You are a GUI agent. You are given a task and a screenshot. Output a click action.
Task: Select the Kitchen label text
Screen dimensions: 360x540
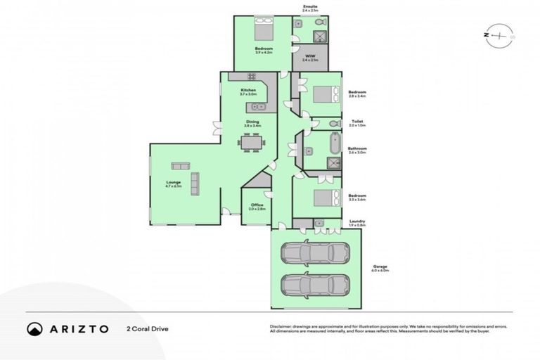click(x=247, y=90)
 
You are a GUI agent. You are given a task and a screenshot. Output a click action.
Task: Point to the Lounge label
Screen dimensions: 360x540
click(x=173, y=182)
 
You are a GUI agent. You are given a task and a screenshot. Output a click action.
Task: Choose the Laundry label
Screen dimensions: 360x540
click(x=356, y=221)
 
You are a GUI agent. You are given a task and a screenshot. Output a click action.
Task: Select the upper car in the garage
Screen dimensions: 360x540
click(x=315, y=252)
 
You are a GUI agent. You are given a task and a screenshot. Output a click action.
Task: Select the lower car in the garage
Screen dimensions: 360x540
click(x=315, y=285)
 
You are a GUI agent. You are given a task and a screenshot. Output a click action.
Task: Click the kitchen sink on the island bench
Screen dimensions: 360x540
click(x=258, y=107)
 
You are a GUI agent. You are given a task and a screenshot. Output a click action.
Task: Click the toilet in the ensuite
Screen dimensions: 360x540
click(x=299, y=24)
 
